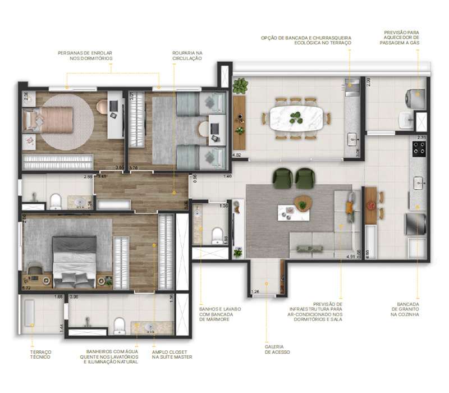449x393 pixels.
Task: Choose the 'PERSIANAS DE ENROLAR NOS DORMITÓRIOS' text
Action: pos(85,56)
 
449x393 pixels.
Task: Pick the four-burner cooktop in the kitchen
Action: pos(420,148)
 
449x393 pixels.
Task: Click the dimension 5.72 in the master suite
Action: pos(26,287)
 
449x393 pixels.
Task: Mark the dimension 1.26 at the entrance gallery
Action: pos(255,291)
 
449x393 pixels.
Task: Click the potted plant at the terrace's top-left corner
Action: pos(241,86)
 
